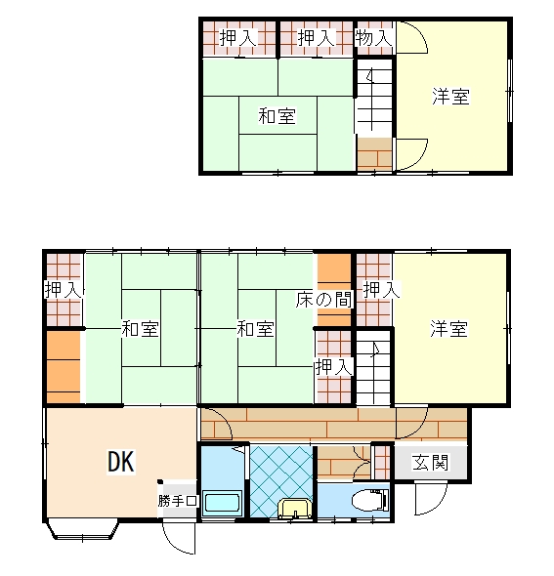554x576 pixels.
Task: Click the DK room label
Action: (x=121, y=462)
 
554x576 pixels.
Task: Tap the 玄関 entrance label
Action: (x=430, y=463)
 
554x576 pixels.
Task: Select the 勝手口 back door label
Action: (x=178, y=500)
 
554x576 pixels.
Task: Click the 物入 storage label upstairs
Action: (x=374, y=38)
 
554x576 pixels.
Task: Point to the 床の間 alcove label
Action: (x=323, y=300)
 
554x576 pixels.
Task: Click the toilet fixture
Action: (x=370, y=500)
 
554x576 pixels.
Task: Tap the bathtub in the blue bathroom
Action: (x=223, y=503)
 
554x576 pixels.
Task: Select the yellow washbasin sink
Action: (x=295, y=509)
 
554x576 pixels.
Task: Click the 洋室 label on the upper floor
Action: (x=450, y=97)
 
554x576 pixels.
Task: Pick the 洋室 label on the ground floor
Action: (x=448, y=328)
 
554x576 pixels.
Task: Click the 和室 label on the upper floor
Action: (x=277, y=116)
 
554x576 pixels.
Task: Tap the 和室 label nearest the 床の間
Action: (x=255, y=328)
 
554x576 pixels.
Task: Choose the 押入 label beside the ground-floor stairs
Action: (x=334, y=366)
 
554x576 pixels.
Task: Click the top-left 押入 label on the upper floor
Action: (x=237, y=38)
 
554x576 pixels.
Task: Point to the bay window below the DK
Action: (x=82, y=529)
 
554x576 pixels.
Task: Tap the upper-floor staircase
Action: (x=374, y=98)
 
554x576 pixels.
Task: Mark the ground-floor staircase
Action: (x=374, y=367)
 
